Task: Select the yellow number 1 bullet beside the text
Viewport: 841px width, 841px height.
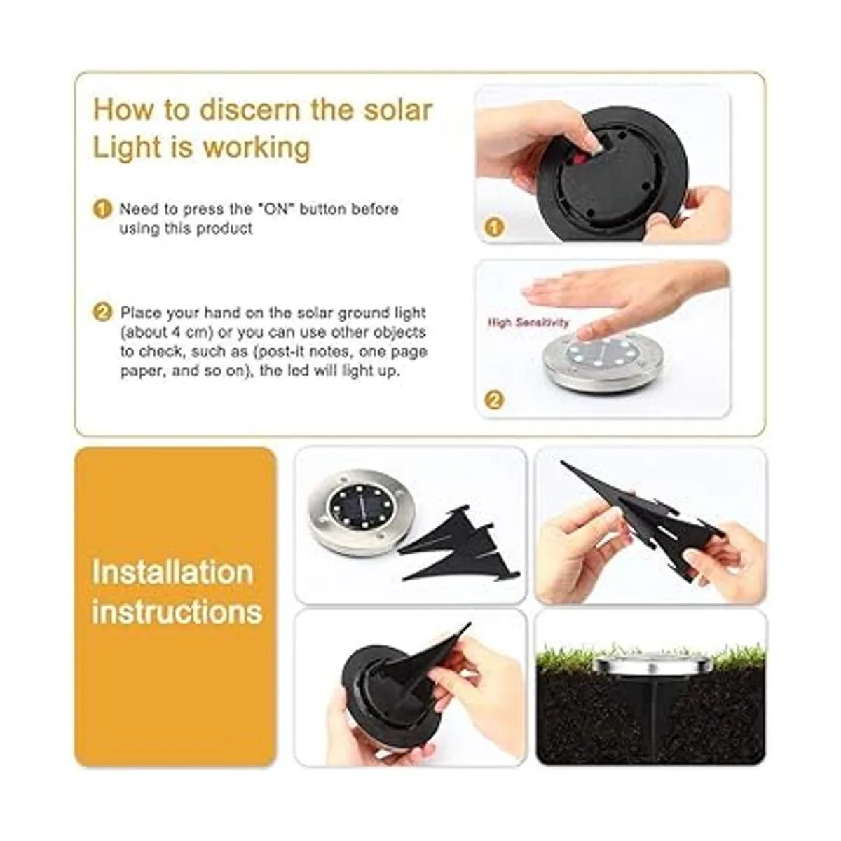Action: coord(103,209)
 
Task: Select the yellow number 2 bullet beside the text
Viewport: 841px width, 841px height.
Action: coord(103,313)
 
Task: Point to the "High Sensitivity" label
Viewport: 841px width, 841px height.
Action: coord(528,322)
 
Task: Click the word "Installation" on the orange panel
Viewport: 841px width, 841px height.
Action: coord(172,572)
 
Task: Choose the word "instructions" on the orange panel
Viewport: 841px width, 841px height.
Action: coord(177,611)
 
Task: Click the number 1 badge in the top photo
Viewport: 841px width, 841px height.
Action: coord(495,227)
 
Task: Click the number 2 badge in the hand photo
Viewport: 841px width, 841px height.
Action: coord(495,400)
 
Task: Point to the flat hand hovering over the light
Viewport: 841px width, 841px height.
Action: coord(617,291)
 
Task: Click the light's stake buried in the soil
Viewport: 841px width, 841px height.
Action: coord(650,708)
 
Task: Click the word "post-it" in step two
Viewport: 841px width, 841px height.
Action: coord(318,351)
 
